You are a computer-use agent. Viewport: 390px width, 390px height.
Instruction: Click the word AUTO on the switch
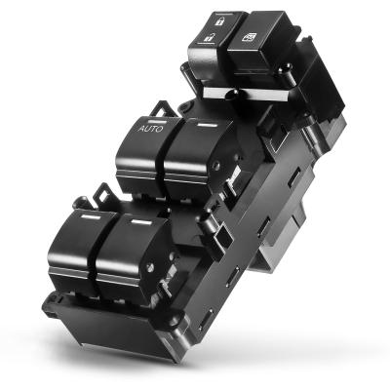click(150, 129)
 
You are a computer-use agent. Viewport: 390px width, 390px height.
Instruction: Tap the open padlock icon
click(209, 37)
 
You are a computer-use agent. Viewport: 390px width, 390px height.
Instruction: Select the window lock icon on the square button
click(249, 37)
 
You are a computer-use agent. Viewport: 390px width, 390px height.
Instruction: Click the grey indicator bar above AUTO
click(158, 123)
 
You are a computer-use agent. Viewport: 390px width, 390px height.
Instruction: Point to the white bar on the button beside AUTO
click(208, 125)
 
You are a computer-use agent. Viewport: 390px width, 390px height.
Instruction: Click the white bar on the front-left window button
click(91, 216)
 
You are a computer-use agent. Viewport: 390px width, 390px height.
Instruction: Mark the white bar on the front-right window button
click(141, 222)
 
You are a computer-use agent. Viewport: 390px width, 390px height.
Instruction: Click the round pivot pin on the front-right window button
click(150, 267)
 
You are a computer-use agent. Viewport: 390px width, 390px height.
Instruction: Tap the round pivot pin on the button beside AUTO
click(215, 166)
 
